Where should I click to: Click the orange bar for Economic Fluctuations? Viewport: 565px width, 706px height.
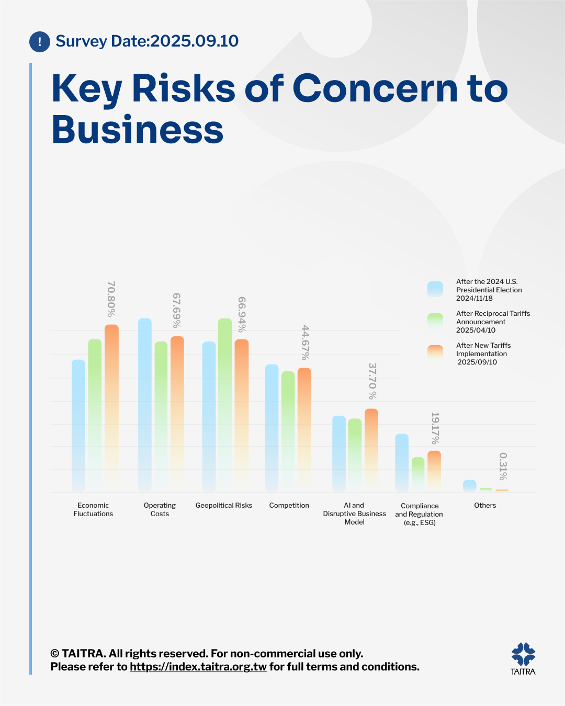pos(111,408)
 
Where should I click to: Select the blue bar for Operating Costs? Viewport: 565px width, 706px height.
pos(145,405)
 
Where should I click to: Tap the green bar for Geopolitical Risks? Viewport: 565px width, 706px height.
pos(225,405)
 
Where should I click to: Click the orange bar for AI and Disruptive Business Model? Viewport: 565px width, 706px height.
pos(371,450)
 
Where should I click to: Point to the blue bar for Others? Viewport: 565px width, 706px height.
pos(469,486)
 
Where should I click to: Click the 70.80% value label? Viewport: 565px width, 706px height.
pos(111,299)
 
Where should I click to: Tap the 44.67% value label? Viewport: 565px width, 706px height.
pos(306,343)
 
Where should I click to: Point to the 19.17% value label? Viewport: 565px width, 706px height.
pos(435,428)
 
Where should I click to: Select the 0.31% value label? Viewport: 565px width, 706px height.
pos(503,466)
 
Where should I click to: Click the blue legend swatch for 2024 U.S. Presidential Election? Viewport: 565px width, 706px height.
pos(435,289)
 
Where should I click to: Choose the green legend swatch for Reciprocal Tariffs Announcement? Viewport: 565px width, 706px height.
pos(435,321)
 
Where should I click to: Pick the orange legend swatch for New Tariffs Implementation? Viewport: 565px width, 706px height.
pos(435,353)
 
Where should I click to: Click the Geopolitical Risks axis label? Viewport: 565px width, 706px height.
pos(224,505)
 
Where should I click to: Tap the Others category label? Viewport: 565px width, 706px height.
pos(485,505)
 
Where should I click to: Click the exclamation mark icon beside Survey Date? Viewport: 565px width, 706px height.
pos(40,42)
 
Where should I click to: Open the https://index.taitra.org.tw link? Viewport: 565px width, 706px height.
pos(198,667)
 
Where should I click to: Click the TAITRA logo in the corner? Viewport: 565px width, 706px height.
pos(523,658)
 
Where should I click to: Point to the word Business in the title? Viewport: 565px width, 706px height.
pos(138,130)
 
